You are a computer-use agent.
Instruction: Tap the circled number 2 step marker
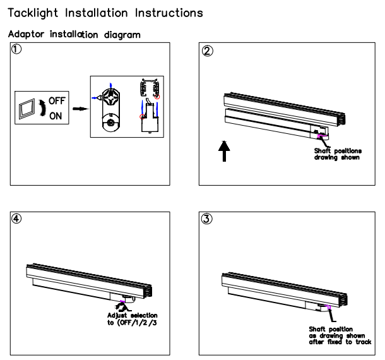tap(206, 51)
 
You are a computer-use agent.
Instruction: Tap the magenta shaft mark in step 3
tap(328, 307)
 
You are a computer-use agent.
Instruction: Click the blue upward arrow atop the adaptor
tap(111, 83)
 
